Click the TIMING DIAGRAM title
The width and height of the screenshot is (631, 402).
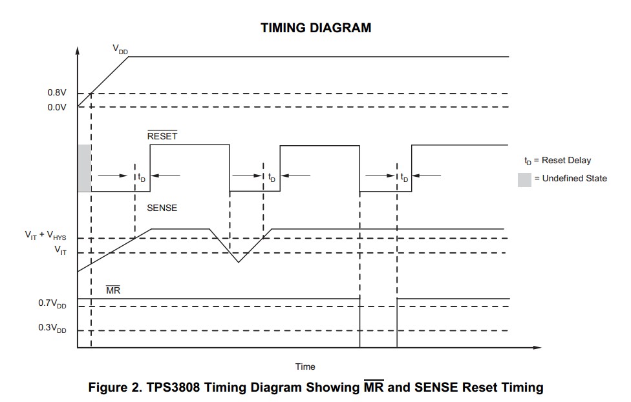(315, 28)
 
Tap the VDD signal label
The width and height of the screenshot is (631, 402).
(120, 49)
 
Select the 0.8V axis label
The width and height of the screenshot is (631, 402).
(57, 93)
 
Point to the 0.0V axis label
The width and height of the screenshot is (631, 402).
(57, 107)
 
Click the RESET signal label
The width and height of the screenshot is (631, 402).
(162, 136)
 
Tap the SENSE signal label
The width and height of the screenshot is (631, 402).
(162, 208)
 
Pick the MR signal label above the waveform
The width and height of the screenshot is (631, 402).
(113, 290)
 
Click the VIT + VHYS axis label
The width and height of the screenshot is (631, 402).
(45, 236)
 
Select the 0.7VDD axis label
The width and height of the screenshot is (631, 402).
(52, 303)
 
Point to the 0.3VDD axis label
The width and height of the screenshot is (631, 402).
(52, 328)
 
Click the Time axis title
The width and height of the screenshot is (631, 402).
(305, 367)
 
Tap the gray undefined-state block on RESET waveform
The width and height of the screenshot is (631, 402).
(84, 168)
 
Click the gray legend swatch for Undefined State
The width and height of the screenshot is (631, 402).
(524, 179)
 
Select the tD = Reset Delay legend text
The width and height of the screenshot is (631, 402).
(557, 160)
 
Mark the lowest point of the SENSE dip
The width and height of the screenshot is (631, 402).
(239, 262)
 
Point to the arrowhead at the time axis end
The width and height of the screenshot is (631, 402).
(539, 348)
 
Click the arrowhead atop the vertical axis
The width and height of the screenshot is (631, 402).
(78, 50)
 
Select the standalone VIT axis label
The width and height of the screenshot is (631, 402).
(59, 250)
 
